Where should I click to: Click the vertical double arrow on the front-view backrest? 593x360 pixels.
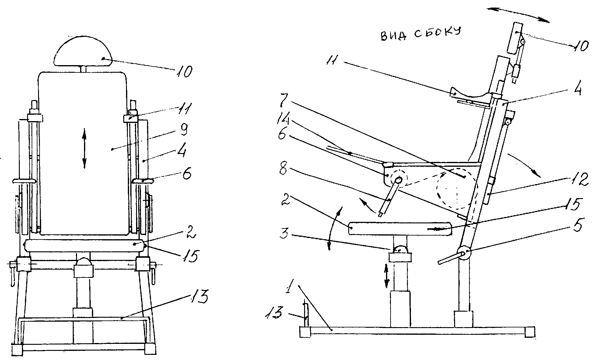coord(85,149)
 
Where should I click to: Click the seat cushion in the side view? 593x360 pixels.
coord(401,228)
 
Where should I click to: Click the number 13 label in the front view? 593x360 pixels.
coord(199,296)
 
